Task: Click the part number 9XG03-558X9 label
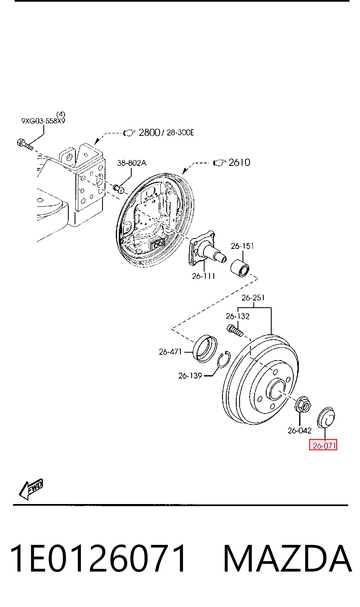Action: pyautogui.click(x=43, y=121)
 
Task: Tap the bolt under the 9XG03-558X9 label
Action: pyautogui.click(x=25, y=144)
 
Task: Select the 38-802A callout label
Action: pyautogui.click(x=132, y=163)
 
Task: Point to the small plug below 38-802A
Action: pyautogui.click(x=119, y=188)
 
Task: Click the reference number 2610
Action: pyautogui.click(x=240, y=162)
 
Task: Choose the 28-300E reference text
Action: pyautogui.click(x=180, y=133)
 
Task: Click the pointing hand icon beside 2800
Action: pyautogui.click(x=130, y=133)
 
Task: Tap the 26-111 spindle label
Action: pyautogui.click(x=203, y=276)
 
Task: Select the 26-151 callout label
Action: pyautogui.click(x=242, y=246)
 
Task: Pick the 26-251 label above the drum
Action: pyautogui.click(x=253, y=298)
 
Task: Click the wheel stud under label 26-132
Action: pyautogui.click(x=235, y=331)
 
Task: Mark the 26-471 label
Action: pyautogui.click(x=170, y=352)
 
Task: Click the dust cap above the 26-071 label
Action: pyautogui.click(x=326, y=418)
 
